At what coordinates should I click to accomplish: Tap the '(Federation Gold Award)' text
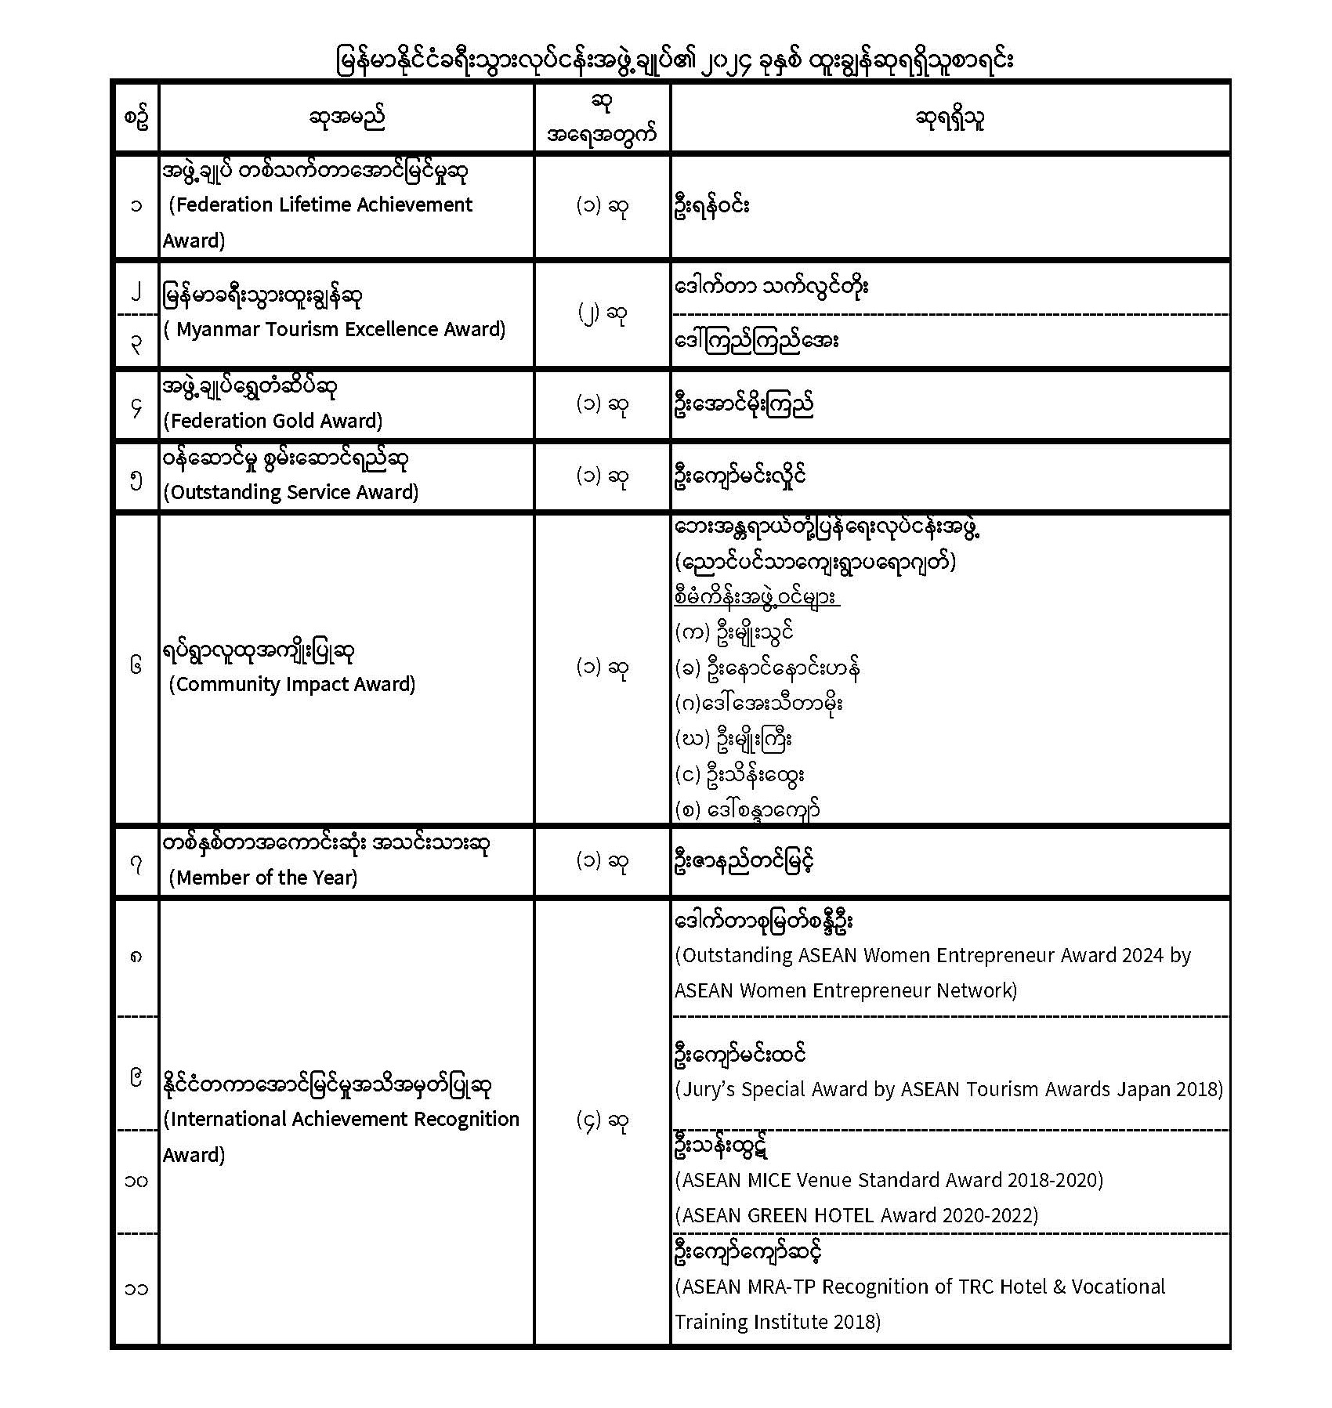(273, 421)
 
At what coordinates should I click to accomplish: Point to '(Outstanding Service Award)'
(291, 492)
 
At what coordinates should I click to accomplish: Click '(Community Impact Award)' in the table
(292, 684)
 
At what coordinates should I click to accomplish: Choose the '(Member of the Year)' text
(263, 878)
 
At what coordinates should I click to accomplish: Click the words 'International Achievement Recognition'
(342, 1119)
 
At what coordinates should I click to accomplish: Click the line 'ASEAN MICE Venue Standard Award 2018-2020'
(889, 1180)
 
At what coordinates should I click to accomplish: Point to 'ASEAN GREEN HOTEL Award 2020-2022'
(856, 1215)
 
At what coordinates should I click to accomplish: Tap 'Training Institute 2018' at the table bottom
(778, 1322)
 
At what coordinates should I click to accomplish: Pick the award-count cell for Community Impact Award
(602, 668)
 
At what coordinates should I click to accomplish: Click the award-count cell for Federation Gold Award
(602, 404)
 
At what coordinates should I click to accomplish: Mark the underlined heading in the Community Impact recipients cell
(757, 597)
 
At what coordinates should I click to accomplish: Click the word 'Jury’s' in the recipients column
(708, 1089)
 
